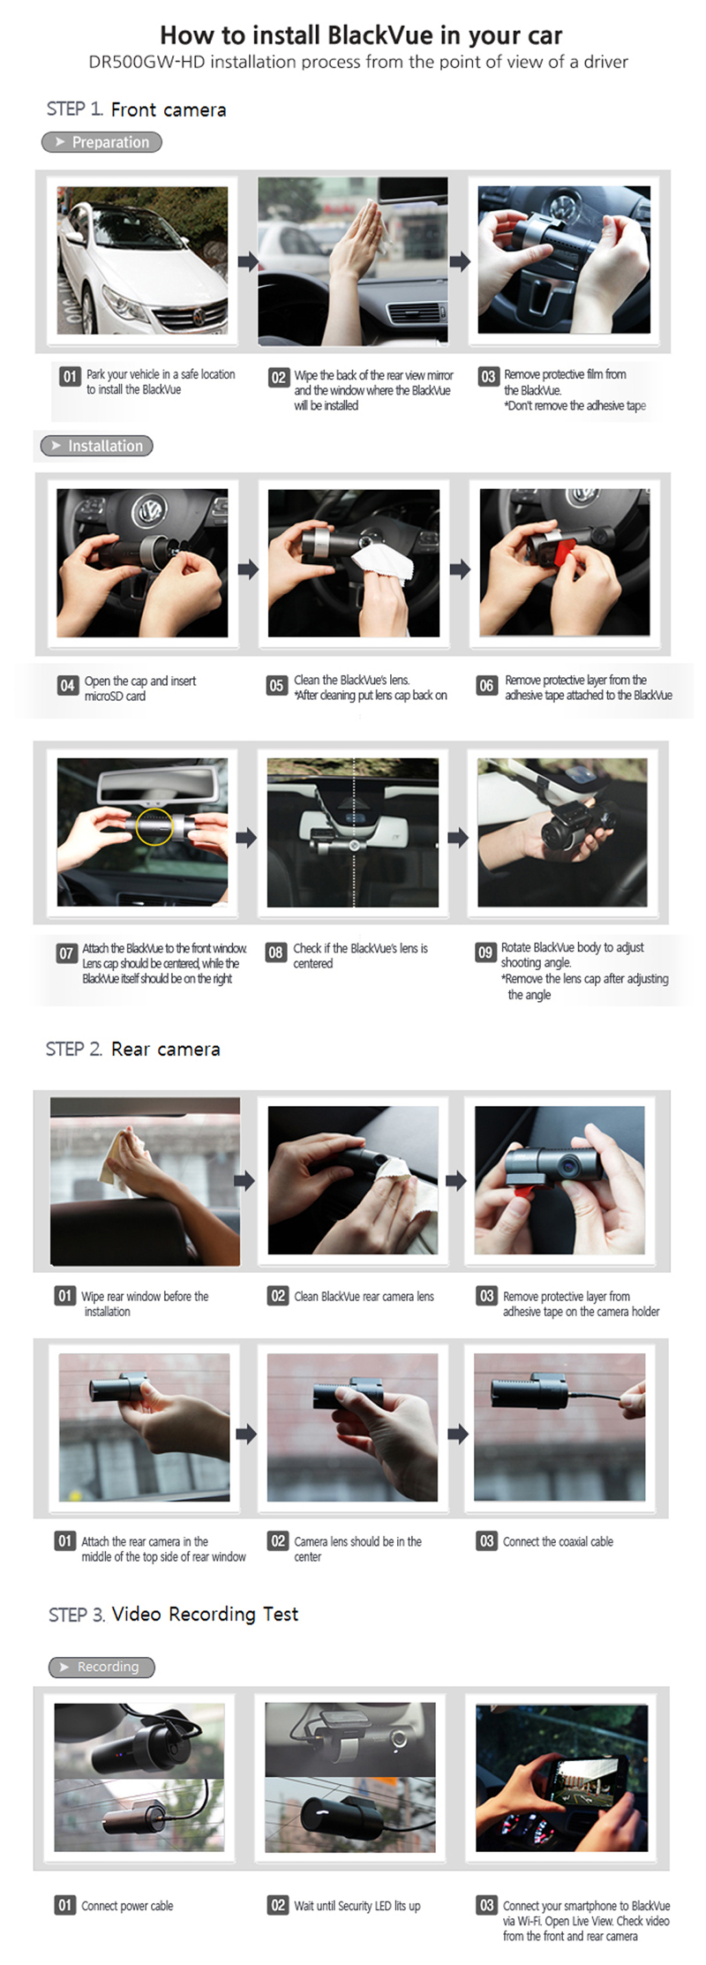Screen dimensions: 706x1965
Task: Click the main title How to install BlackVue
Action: point(361,35)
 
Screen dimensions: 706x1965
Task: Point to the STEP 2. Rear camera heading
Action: point(133,1049)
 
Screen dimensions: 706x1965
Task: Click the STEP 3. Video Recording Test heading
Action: point(173,1615)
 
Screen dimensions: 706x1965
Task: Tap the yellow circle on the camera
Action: point(154,826)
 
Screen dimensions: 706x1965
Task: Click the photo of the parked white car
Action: point(142,260)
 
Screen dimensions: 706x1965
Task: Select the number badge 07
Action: point(66,953)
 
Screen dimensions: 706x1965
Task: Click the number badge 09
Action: point(485,952)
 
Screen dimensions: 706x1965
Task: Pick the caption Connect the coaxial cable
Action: point(558,1541)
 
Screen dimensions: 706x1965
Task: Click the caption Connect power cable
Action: point(127,1906)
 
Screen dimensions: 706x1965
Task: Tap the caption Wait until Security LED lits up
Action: point(357,1906)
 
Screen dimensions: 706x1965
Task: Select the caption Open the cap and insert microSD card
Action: point(139,689)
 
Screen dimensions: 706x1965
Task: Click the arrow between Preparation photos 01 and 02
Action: point(248,261)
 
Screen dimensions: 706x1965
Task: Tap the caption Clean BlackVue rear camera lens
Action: point(364,1297)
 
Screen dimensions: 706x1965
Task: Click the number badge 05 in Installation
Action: point(276,686)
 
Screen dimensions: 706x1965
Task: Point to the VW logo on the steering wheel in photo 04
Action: point(150,511)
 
